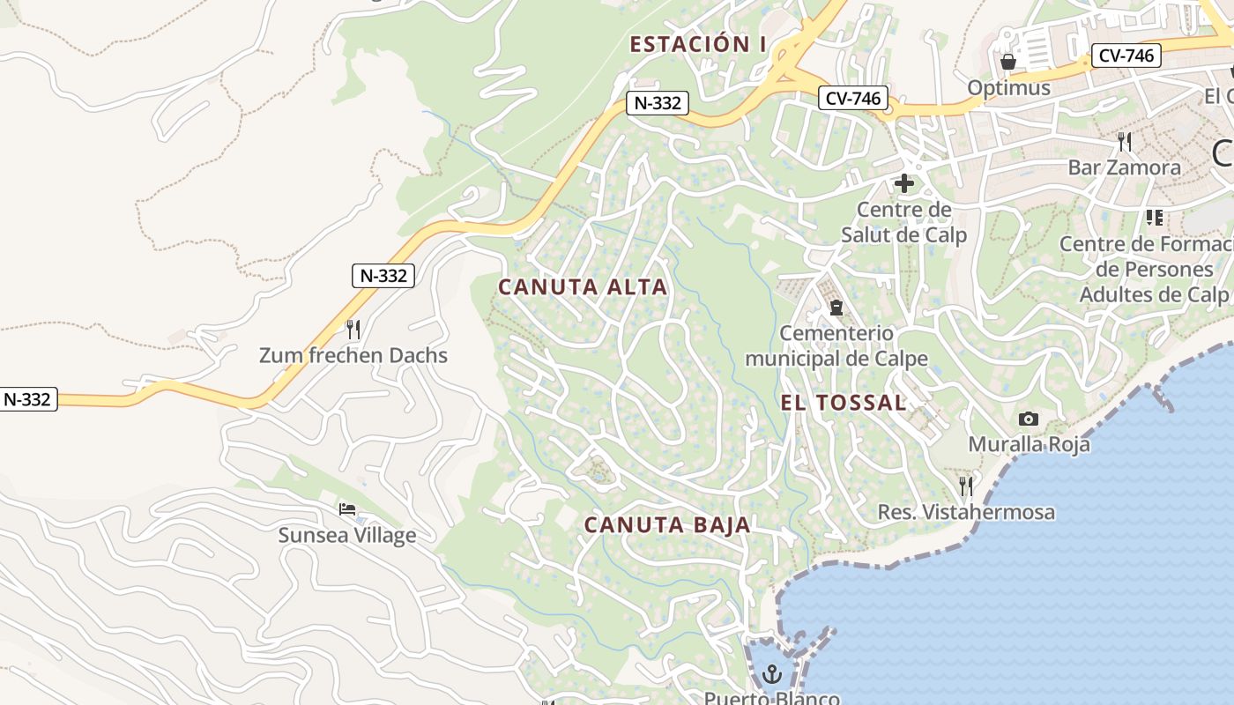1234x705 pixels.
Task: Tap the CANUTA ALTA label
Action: coord(583,287)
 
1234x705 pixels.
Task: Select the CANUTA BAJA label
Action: coord(667,525)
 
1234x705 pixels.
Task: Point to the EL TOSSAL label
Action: coord(844,403)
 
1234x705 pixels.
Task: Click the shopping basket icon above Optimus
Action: coord(1008,62)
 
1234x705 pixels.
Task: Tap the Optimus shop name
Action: coord(1009,88)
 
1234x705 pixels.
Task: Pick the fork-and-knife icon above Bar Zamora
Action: coord(1124,141)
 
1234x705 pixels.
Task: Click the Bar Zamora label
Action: coord(1124,167)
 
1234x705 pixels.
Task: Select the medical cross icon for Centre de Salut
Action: coord(903,183)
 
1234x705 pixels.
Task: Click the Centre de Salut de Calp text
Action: coord(903,222)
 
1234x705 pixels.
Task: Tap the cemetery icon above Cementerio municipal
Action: coord(836,308)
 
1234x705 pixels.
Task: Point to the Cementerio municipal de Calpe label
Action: coord(836,346)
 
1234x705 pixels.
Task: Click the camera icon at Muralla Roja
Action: coord(1028,419)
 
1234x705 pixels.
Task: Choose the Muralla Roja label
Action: coord(1029,444)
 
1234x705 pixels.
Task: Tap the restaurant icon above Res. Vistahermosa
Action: coord(966,486)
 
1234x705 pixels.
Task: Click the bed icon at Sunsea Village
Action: coord(347,509)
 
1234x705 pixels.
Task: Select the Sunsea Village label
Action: coord(347,535)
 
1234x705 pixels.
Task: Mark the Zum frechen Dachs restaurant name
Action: coord(353,356)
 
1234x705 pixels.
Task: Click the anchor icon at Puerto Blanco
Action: coord(772,675)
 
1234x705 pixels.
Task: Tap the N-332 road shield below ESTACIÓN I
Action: coord(658,103)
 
